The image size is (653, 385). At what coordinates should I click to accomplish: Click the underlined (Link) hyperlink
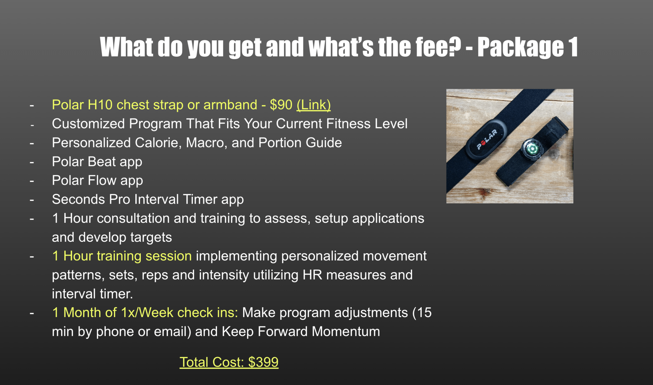click(x=314, y=105)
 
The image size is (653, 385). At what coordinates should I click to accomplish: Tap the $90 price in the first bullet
click(x=281, y=105)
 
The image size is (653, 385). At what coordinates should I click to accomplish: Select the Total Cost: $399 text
click(x=229, y=362)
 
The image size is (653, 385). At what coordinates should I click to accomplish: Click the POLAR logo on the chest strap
click(x=487, y=139)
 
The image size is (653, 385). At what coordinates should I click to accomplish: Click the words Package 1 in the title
click(x=528, y=47)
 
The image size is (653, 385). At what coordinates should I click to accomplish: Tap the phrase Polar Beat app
click(x=97, y=162)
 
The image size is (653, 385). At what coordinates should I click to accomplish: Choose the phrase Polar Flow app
click(x=97, y=181)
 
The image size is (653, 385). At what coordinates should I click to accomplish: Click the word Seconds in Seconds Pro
click(x=79, y=199)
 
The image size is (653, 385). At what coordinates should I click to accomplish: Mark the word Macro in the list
click(x=206, y=143)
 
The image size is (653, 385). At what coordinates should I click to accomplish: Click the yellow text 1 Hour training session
click(x=122, y=256)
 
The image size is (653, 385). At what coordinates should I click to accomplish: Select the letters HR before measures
click(x=312, y=275)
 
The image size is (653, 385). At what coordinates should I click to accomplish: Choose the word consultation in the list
click(x=133, y=218)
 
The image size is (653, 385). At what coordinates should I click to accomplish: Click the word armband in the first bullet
click(x=230, y=105)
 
